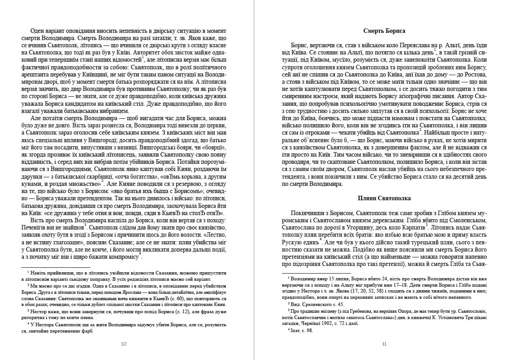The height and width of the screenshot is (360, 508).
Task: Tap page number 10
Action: pos(124,344)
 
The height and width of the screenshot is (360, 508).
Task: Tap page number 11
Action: pos(384,344)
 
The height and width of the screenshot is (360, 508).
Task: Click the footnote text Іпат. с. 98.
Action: pos(302,330)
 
